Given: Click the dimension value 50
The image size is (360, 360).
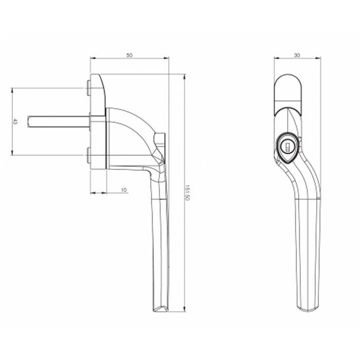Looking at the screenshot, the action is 130,56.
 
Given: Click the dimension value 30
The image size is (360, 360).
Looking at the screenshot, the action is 297,56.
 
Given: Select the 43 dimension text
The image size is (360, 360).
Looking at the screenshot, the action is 15,122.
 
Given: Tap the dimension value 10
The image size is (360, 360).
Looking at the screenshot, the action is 123,190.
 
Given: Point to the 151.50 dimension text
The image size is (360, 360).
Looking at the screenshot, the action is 187,193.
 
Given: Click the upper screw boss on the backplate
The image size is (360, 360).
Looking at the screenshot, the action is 88,88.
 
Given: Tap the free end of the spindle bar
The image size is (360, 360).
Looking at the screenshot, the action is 28,122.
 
